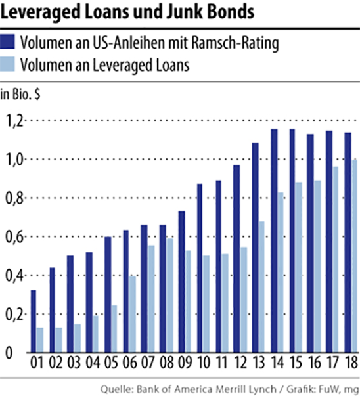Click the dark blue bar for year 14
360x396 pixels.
pyautogui.click(x=274, y=240)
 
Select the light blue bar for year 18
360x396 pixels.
pyautogui.click(x=354, y=256)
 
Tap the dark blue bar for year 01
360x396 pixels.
pyautogui.click(x=34, y=321)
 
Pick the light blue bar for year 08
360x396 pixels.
pyautogui.click(x=169, y=296)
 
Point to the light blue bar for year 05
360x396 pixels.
pyautogui.click(x=114, y=329)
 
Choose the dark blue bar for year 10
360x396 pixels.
pyautogui.click(x=200, y=268)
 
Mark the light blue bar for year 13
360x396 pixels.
pyautogui.click(x=261, y=287)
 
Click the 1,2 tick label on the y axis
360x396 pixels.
pyautogui.click(x=15, y=121)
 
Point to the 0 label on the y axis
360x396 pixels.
pyautogui.click(x=9, y=353)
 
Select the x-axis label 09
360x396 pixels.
pyautogui.click(x=185, y=363)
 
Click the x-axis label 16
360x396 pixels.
pyautogui.click(x=315, y=363)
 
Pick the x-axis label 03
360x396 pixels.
pyautogui.click(x=74, y=363)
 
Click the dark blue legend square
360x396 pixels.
pyautogui.click(x=8, y=42)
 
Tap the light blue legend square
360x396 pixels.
pyautogui.click(x=8, y=64)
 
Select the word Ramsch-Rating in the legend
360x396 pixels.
pyautogui.click(x=235, y=43)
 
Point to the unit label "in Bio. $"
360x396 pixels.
pyautogui.click(x=20, y=95)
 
